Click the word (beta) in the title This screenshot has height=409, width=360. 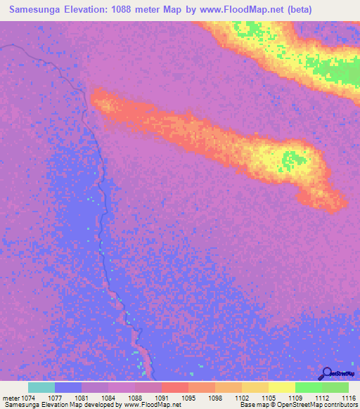tap(297, 10)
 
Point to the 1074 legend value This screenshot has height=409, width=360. tap(28, 398)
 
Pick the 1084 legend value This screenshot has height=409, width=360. tap(108, 398)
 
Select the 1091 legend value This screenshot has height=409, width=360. tap(161, 398)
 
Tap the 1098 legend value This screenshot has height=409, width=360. tap(214, 398)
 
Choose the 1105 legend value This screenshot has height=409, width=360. tap(268, 398)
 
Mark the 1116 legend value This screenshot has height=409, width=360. tap(348, 398)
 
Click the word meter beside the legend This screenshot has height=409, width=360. tap(10, 398)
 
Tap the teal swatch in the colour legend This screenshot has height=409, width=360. tap(41, 387)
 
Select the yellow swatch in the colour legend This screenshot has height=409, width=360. tap(281, 387)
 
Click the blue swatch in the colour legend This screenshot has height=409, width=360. tap(68, 387)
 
